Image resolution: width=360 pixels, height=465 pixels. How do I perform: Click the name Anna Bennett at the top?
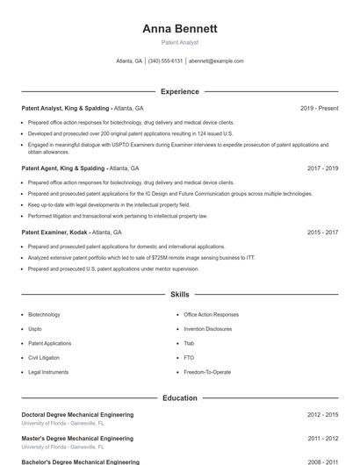[179, 28]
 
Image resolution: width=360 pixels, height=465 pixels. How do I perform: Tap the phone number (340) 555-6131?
[165, 61]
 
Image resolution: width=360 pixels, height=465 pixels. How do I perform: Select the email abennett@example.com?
[216, 61]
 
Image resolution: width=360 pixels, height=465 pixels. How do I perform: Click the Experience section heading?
[179, 91]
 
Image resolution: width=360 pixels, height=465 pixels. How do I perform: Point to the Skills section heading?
[179, 295]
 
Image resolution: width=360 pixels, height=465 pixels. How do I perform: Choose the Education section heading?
[179, 397]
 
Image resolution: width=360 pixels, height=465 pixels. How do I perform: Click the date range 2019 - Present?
[319, 108]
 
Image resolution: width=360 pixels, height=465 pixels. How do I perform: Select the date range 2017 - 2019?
[322, 168]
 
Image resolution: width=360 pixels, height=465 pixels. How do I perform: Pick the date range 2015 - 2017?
[322, 232]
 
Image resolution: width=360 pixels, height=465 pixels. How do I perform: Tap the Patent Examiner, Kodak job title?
[54, 232]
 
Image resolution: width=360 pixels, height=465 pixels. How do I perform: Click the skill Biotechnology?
[44, 314]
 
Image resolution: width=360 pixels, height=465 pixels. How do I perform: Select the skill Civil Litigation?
[44, 358]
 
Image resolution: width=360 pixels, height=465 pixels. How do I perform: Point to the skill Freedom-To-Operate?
[207, 372]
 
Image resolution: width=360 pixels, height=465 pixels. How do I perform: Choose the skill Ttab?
[189, 343]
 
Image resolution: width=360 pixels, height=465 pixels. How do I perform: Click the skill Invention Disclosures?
[208, 329]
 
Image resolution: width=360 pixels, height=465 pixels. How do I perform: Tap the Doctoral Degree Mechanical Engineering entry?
[77, 414]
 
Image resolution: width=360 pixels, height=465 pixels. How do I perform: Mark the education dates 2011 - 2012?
[322, 438]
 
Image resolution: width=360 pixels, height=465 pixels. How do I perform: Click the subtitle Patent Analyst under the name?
[179, 42]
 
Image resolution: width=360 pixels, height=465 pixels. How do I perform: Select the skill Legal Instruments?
[47, 372]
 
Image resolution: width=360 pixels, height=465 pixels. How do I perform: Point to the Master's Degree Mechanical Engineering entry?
[77, 438]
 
